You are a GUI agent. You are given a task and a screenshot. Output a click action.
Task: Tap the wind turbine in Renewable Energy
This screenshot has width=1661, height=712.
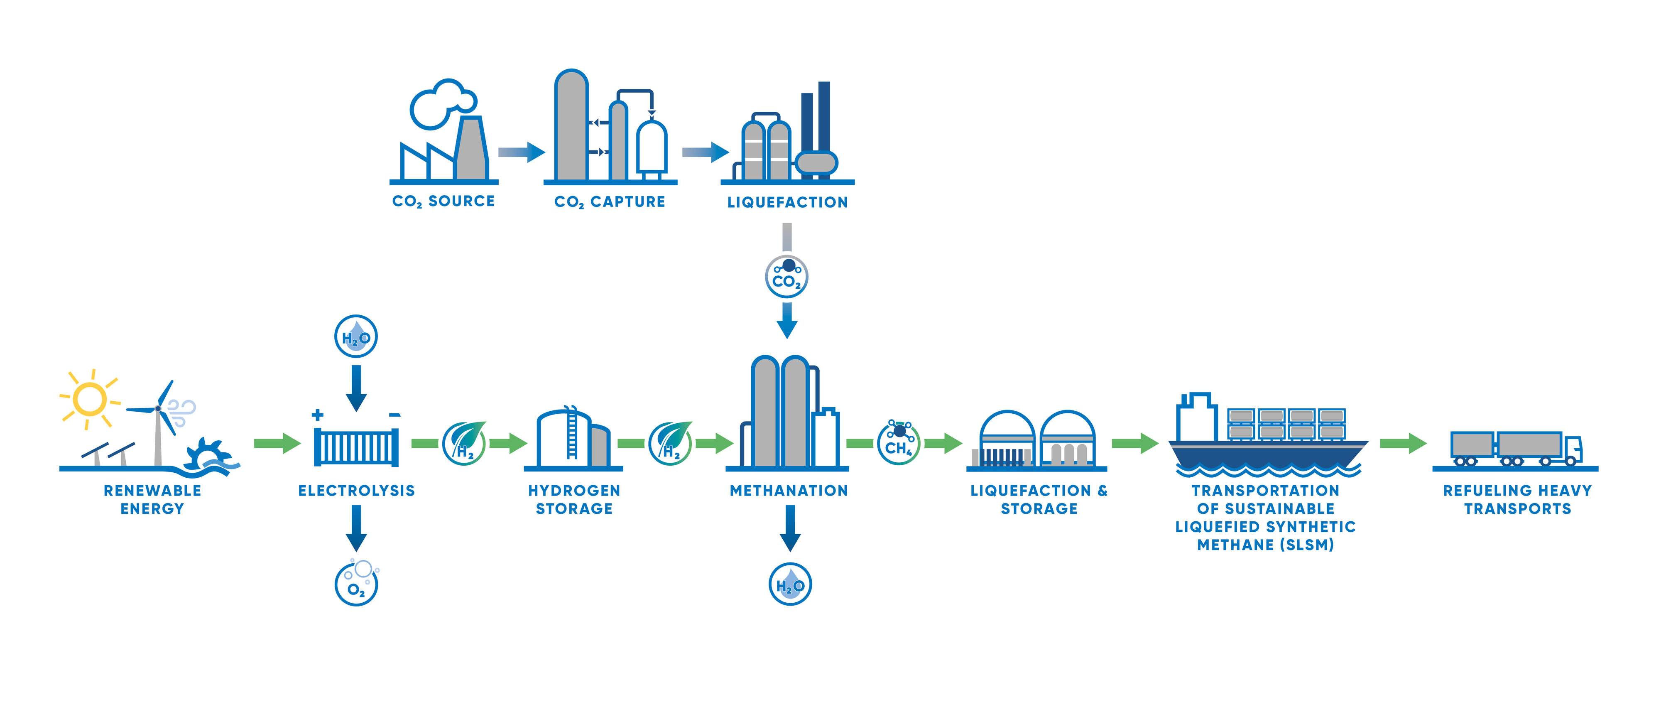tap(158, 419)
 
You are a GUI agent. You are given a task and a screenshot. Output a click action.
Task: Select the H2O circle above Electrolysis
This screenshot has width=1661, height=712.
tap(356, 336)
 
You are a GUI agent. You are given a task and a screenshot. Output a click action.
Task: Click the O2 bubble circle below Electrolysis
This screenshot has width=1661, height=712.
tap(356, 584)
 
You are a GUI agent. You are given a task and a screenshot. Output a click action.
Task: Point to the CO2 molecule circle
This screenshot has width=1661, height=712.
tap(786, 277)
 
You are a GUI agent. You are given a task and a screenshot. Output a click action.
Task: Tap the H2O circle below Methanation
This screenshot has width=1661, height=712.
tap(790, 584)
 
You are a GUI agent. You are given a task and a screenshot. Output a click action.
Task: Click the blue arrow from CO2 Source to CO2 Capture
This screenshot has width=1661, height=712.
tap(521, 152)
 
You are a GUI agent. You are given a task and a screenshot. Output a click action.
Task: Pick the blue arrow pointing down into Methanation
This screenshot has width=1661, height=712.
tap(786, 321)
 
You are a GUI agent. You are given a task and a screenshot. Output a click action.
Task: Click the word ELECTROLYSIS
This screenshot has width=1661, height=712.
tap(356, 491)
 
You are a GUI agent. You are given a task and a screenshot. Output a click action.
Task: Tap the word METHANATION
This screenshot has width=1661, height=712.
tap(789, 491)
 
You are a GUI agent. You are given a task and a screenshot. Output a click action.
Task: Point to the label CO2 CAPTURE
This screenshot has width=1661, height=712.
tap(609, 202)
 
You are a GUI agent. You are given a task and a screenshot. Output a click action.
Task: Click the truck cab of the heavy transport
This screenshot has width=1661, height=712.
tap(1573, 449)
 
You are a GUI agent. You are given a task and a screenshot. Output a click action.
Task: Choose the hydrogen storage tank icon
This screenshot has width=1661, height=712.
tap(573, 440)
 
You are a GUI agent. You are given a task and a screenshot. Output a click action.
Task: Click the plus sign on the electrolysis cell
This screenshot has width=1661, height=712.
tap(317, 415)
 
